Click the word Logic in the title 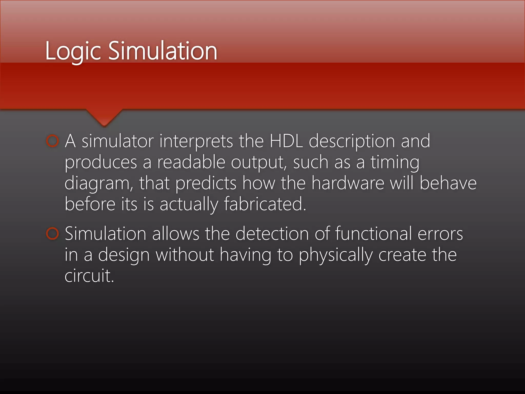pos(73,51)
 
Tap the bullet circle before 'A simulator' pos(53,141)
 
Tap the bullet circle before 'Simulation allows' pos(53,233)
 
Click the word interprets pos(196,142)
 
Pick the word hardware pos(348,183)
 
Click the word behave pos(448,183)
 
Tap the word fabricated pos(265,204)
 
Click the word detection pos(272,234)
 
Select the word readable pos(191,162)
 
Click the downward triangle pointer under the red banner pos(104,117)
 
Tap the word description pos(352,142)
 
